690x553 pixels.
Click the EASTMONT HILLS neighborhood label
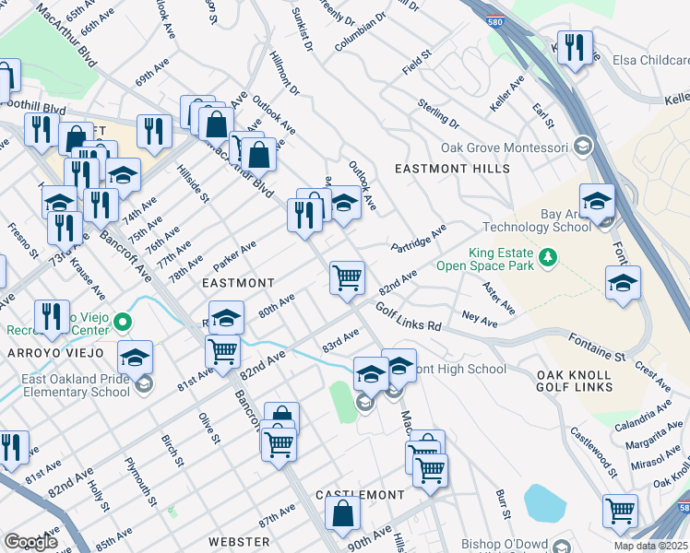click(x=451, y=170)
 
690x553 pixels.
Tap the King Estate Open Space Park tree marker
click(x=550, y=255)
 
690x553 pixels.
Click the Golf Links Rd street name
click(x=408, y=319)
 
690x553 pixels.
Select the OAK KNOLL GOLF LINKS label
click(x=575, y=381)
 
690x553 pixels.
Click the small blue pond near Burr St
click(x=544, y=503)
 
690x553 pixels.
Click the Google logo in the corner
click(x=30, y=541)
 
